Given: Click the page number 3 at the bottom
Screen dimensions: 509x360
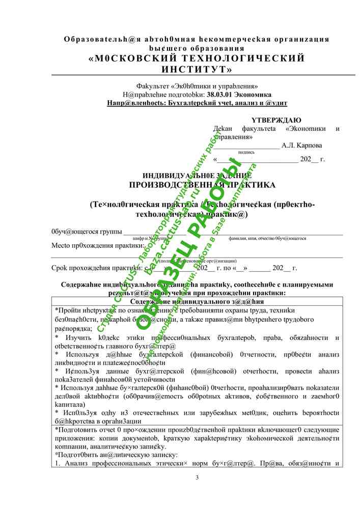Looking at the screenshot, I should click(197, 476).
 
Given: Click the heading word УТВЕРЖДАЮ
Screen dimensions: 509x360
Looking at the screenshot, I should click(276, 120).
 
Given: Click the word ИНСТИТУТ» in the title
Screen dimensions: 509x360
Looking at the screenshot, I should click(197, 69).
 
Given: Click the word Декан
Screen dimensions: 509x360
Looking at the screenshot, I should click(223, 129).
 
